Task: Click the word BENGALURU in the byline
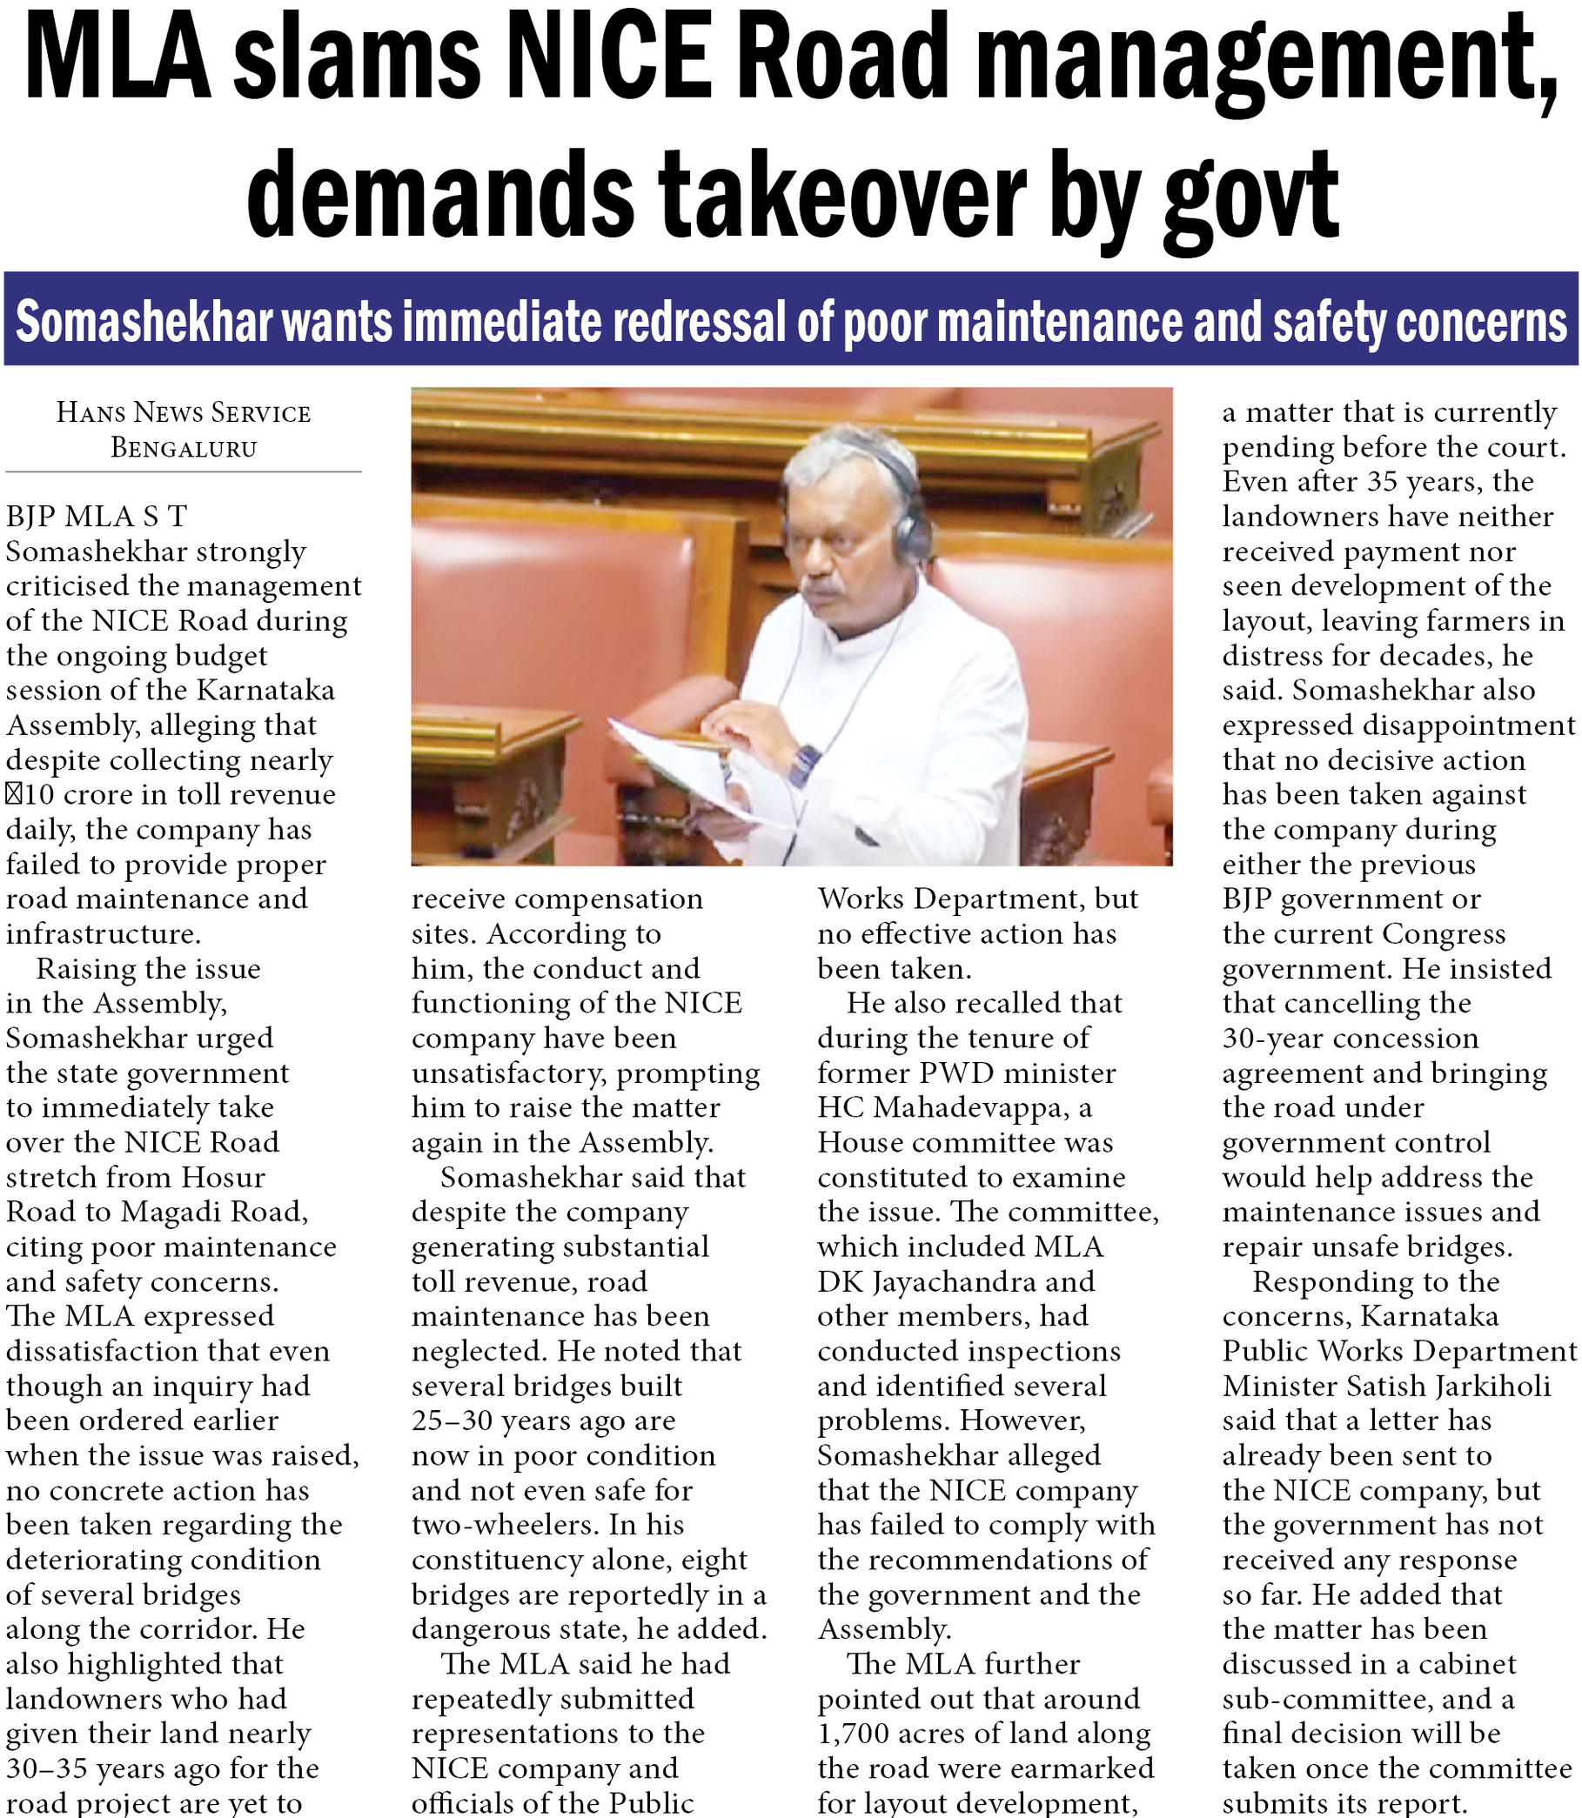[184, 448]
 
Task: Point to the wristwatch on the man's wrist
[804, 765]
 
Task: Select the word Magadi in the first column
[174, 1212]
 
